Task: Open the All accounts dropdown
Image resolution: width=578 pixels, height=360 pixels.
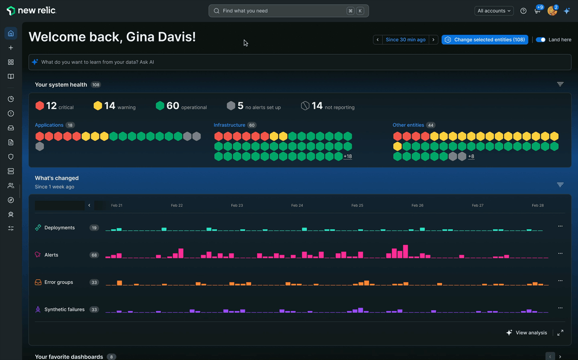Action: click(x=494, y=11)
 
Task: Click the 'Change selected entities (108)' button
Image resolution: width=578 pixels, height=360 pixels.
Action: click(x=485, y=40)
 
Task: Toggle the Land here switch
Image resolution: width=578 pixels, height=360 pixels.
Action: click(x=541, y=40)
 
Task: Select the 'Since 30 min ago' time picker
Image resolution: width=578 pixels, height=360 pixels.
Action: click(x=405, y=40)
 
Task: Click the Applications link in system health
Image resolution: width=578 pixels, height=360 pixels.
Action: click(x=49, y=125)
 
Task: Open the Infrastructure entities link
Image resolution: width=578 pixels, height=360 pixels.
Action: click(x=229, y=125)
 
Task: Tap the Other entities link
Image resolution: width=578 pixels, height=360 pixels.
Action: click(x=408, y=125)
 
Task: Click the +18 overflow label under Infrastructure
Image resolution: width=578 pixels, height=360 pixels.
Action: click(x=348, y=157)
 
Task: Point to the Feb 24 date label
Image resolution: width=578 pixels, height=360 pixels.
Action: click(x=297, y=205)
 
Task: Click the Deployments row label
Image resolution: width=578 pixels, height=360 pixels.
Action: click(x=60, y=228)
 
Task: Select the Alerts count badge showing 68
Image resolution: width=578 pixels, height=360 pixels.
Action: click(x=94, y=255)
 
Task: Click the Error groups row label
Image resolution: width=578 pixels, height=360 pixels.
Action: click(x=58, y=282)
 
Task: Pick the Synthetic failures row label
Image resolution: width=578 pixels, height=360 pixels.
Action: click(x=64, y=309)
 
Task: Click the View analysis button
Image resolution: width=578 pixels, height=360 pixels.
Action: click(x=527, y=333)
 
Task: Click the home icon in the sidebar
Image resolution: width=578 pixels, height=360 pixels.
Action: click(x=10, y=33)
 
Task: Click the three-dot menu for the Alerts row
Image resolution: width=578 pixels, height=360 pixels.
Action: click(x=560, y=253)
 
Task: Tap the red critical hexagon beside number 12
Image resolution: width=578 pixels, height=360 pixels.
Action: click(x=40, y=106)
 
